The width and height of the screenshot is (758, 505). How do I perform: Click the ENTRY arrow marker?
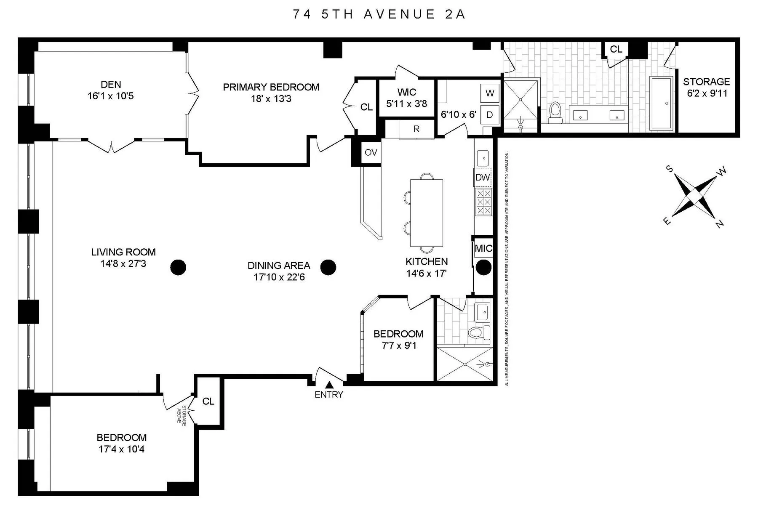329,385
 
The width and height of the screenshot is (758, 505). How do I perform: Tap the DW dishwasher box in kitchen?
483,178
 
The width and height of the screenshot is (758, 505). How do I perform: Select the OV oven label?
371,152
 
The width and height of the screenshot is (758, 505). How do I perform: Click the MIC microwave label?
483,249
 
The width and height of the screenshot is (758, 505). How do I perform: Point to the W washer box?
490,93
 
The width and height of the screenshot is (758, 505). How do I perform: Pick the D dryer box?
490,115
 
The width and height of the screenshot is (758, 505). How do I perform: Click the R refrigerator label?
416,129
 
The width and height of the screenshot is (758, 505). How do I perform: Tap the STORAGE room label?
706,82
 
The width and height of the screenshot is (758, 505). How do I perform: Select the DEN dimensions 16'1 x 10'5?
111,96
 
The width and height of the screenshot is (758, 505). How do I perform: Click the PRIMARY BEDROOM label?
271,87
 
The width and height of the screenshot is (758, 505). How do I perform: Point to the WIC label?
406,92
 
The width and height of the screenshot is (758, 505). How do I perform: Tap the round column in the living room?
178,267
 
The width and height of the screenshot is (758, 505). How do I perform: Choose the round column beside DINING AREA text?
328,267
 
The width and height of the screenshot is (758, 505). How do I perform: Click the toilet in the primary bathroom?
556,112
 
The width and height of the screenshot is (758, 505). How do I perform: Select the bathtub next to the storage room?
662,103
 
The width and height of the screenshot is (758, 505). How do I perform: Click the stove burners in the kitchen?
483,202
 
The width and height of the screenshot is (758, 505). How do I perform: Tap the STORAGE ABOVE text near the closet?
184,416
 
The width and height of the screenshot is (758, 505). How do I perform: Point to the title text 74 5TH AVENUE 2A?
379,14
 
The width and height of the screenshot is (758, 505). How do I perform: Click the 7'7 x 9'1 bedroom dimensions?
398,346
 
